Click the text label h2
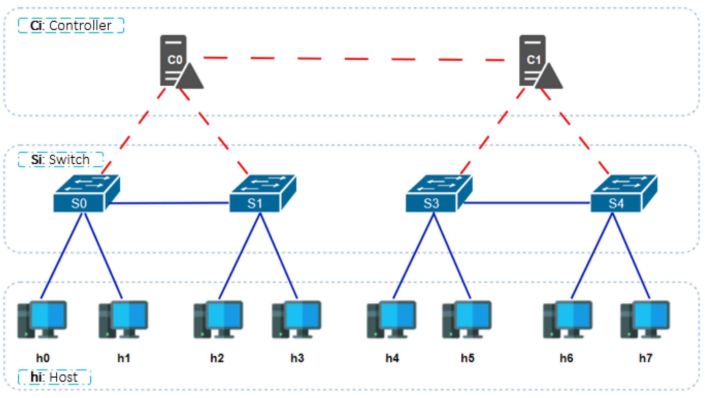pyautogui.click(x=217, y=358)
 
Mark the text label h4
pyautogui.click(x=392, y=358)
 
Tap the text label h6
pyautogui.click(x=566, y=358)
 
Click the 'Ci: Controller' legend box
pyautogui.click(x=71, y=26)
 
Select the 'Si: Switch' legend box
pyautogui.click(x=60, y=159)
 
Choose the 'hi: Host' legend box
pyautogui.click(x=54, y=377)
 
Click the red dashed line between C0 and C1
pyautogui.click(x=356, y=59)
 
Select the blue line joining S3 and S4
pyautogui.click(x=527, y=203)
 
